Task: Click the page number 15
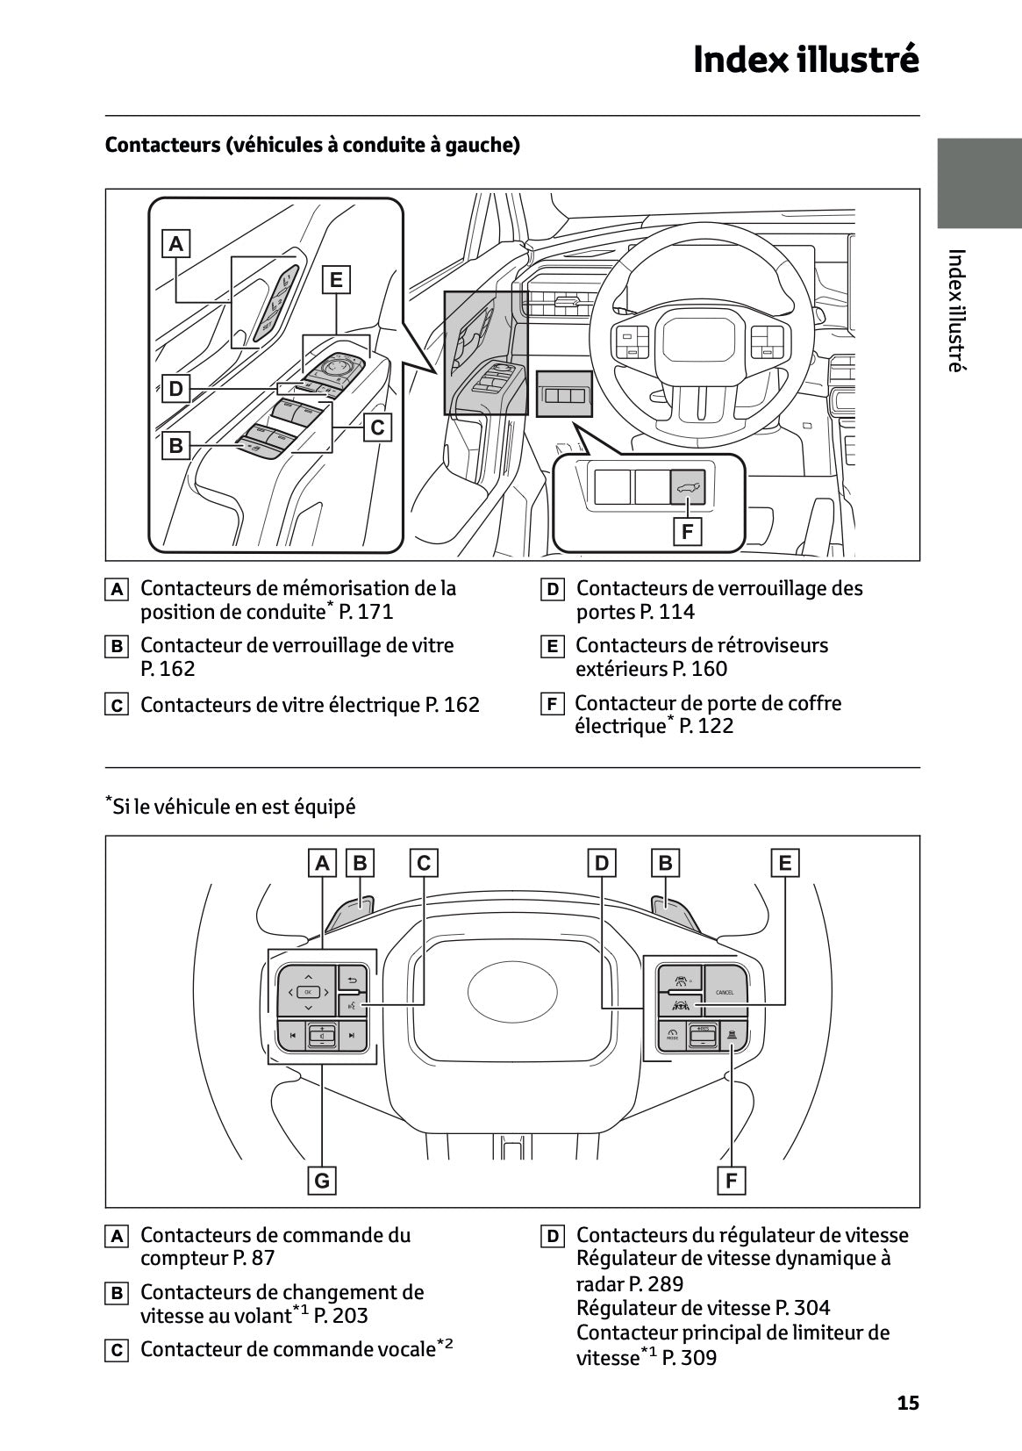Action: tap(908, 1403)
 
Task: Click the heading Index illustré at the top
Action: tap(805, 60)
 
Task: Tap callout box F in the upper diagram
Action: tap(687, 531)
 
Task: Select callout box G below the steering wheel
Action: tap(322, 1181)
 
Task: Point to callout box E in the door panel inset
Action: tap(335, 280)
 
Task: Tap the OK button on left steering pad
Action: tap(308, 992)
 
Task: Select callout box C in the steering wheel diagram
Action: tap(424, 863)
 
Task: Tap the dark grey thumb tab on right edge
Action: tap(979, 183)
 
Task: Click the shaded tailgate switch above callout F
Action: tap(687, 485)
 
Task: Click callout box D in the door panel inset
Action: tap(176, 388)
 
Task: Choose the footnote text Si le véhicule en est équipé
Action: tap(233, 806)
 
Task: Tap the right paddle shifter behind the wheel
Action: tap(675, 913)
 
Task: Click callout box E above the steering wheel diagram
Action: tap(784, 863)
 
